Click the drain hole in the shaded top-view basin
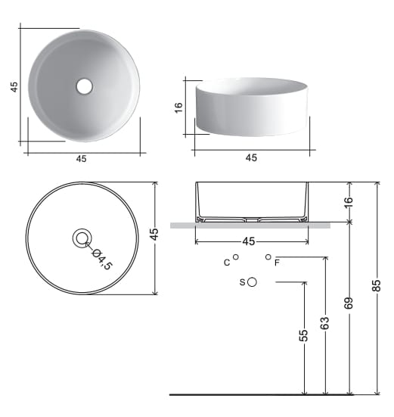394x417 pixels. (x=84, y=86)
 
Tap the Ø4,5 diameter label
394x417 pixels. (x=102, y=260)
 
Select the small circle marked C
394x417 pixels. (x=235, y=257)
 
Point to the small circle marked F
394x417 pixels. (x=268, y=257)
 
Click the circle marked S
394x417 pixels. (x=252, y=282)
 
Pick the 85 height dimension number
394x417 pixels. (x=377, y=286)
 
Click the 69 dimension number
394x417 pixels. (x=349, y=303)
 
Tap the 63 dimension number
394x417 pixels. (x=324, y=323)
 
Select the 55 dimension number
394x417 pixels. (x=303, y=335)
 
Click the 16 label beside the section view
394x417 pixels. (x=349, y=203)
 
